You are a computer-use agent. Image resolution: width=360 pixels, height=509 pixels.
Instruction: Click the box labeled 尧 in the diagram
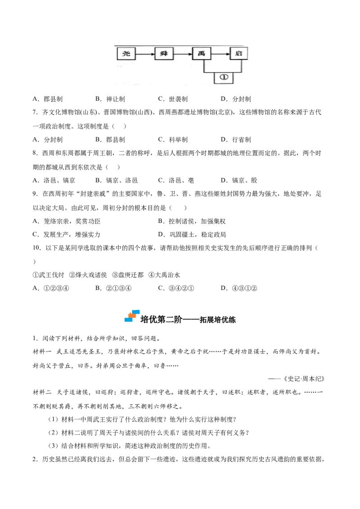[x=126, y=53]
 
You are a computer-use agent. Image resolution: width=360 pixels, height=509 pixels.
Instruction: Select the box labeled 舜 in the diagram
[x=164, y=53]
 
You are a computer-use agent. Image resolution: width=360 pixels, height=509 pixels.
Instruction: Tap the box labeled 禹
[x=202, y=53]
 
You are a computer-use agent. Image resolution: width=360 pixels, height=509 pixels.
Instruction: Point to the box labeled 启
[x=239, y=53]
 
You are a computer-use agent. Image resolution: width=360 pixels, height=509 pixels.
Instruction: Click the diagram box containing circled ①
[x=224, y=77]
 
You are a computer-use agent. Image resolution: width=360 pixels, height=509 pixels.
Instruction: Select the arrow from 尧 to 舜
[x=145, y=54]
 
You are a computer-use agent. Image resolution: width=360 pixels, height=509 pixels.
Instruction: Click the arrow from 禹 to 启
[x=220, y=54]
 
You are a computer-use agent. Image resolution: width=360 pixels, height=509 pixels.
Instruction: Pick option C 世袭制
[x=173, y=99]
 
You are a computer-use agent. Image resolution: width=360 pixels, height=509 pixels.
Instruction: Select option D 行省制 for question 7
[x=236, y=139]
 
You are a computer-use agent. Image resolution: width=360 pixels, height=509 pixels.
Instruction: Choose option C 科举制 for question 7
[x=173, y=139]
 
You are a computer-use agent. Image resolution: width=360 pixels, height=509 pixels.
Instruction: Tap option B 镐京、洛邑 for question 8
[x=117, y=180]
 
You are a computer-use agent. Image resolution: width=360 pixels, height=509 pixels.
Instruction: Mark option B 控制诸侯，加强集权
[x=192, y=221]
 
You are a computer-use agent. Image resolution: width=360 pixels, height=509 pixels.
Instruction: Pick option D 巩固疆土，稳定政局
[x=192, y=234]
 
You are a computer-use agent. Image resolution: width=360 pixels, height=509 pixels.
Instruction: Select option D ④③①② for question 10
[x=239, y=288]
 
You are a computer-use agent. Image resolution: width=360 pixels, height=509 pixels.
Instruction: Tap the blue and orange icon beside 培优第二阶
[x=132, y=316]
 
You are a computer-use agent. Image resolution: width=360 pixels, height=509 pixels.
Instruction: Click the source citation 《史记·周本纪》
[x=304, y=379]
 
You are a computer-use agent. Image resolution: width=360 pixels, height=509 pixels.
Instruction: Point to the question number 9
[x=35, y=194]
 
